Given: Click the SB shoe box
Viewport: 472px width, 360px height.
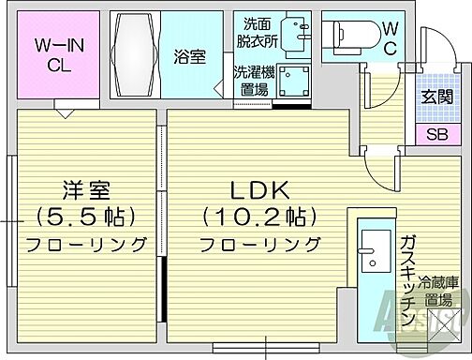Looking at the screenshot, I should point(436,135).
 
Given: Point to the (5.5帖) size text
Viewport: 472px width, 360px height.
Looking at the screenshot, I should point(84,217).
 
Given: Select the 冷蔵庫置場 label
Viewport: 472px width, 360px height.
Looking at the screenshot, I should point(436,291).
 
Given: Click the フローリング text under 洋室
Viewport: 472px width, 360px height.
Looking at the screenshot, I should point(84,245).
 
